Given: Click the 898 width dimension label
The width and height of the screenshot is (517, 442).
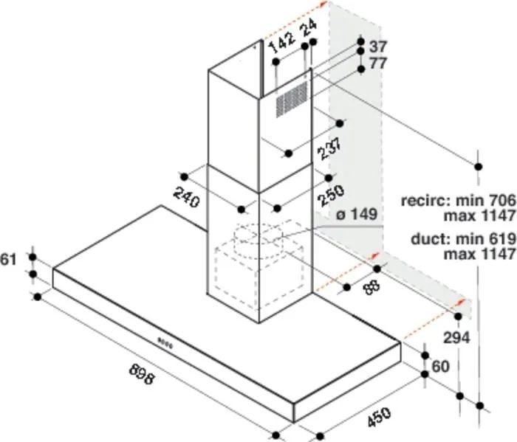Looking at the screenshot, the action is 142,373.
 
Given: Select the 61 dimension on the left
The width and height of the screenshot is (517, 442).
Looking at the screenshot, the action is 8,260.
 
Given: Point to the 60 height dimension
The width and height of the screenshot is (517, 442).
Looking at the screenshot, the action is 440,366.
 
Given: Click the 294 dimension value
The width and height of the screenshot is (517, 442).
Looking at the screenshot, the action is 456,338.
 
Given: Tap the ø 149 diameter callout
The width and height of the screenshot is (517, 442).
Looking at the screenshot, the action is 357,215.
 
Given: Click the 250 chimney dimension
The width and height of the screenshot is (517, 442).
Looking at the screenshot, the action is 331,195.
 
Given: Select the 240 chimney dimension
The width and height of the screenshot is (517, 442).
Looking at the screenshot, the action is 187,197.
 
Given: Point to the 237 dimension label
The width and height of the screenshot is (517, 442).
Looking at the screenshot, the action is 329,148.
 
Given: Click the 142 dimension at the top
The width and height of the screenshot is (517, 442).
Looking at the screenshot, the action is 282,42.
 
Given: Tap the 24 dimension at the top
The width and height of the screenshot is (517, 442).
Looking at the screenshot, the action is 309,28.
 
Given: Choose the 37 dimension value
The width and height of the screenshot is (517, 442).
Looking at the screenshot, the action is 377,46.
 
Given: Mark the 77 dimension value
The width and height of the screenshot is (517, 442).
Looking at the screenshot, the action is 378,63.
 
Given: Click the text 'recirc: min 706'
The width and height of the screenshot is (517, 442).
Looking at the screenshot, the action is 458,200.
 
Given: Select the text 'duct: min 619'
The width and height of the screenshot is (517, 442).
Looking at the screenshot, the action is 463,238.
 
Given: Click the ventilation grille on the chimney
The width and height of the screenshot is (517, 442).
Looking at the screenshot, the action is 292,99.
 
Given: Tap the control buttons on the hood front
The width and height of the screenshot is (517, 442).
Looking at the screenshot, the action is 165,343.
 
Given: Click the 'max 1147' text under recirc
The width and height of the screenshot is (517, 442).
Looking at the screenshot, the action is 479,215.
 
